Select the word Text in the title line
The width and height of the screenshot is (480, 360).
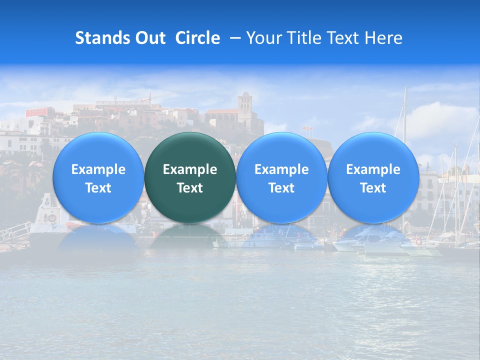(x=345, y=38)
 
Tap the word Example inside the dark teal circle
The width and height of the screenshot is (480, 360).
(x=190, y=169)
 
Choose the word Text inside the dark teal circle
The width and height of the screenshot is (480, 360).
(x=190, y=188)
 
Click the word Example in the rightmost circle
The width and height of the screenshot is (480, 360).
(x=373, y=169)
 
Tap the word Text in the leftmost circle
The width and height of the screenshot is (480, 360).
(x=98, y=188)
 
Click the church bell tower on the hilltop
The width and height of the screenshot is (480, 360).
(x=245, y=106)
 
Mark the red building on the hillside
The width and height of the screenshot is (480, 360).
(x=40, y=111)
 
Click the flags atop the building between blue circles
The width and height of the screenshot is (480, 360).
(x=308, y=129)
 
